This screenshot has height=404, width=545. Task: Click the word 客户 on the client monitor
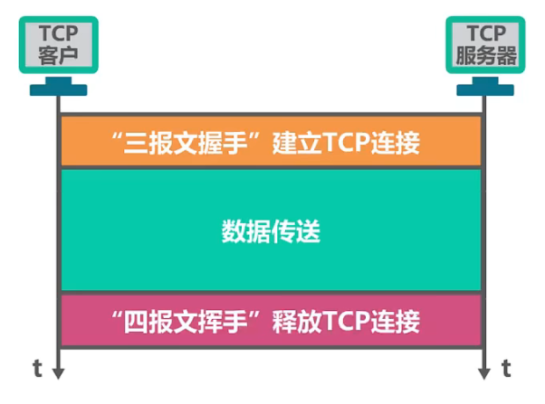click(x=58, y=55)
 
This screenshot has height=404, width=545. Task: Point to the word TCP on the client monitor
click(x=58, y=33)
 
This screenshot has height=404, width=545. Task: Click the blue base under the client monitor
click(x=58, y=89)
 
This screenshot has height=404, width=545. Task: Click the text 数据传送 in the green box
click(x=272, y=231)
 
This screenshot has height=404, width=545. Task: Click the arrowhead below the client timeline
click(x=58, y=371)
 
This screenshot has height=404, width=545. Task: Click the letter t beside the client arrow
click(x=37, y=368)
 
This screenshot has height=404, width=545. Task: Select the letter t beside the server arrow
click(x=507, y=368)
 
